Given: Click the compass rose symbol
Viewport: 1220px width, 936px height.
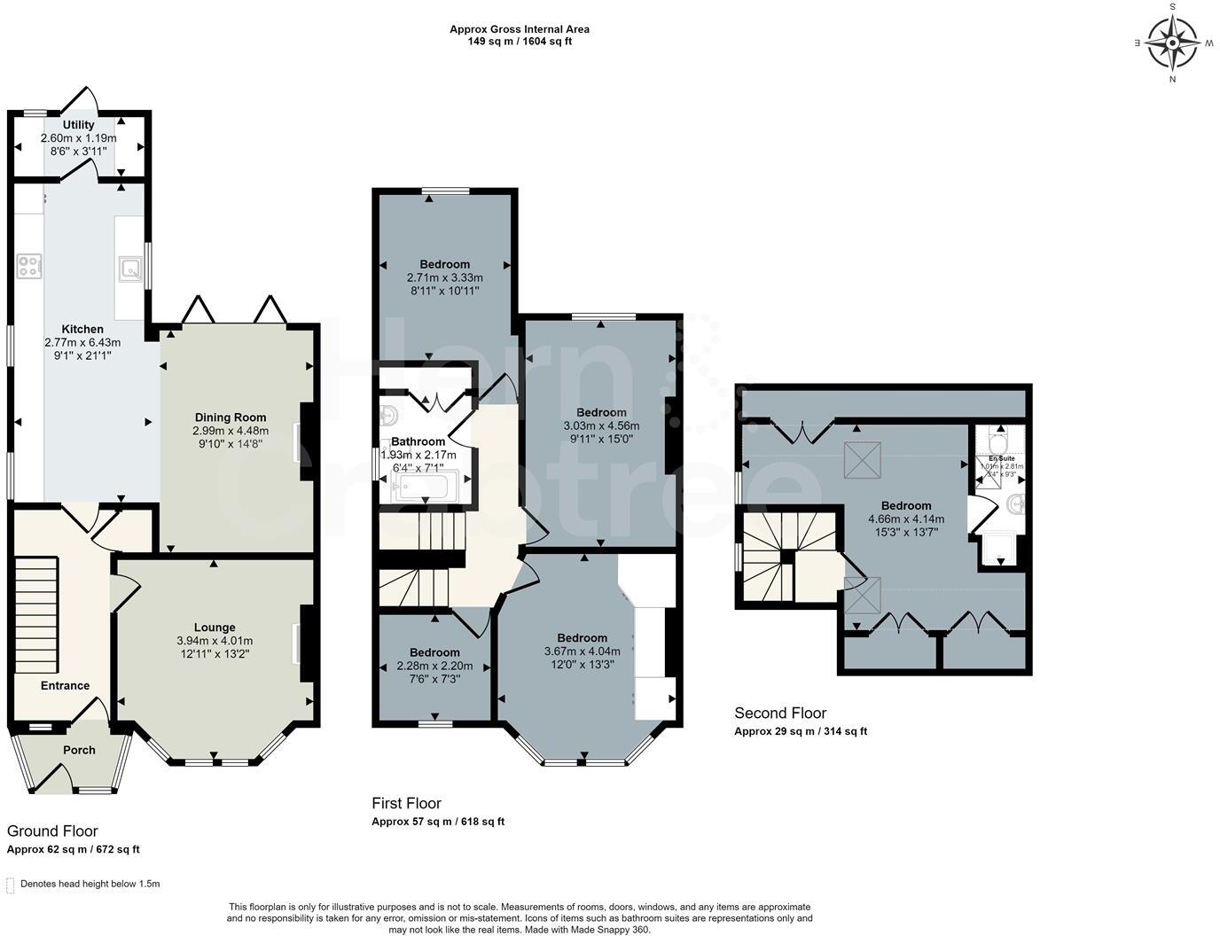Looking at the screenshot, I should [1172, 43].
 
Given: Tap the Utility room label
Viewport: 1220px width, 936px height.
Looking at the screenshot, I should [78, 125].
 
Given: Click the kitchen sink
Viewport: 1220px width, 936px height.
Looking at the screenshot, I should [129, 267].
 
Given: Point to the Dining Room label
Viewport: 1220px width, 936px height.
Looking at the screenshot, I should [231, 417].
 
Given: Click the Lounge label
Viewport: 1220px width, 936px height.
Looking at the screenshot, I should [215, 628].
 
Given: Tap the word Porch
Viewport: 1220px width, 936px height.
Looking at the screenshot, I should [79, 750].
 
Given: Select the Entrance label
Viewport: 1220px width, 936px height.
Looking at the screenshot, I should [65, 685].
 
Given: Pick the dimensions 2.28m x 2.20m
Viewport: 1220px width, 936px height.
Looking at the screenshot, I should [434, 666].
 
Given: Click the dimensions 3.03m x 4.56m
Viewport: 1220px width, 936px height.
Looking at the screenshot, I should [601, 425].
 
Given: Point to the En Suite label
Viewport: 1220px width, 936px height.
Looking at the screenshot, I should [1002, 458].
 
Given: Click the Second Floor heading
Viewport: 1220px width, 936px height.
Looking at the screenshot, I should [780, 713].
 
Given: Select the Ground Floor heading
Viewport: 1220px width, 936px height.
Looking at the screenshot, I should [52, 831].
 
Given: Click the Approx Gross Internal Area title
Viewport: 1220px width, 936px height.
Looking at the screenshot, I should [520, 29].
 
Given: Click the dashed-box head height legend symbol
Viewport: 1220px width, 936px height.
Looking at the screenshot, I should [11, 885].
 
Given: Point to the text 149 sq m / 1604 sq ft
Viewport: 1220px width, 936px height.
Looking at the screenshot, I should [520, 41].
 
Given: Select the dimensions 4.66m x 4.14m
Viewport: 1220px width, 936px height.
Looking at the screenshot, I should [905, 519].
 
